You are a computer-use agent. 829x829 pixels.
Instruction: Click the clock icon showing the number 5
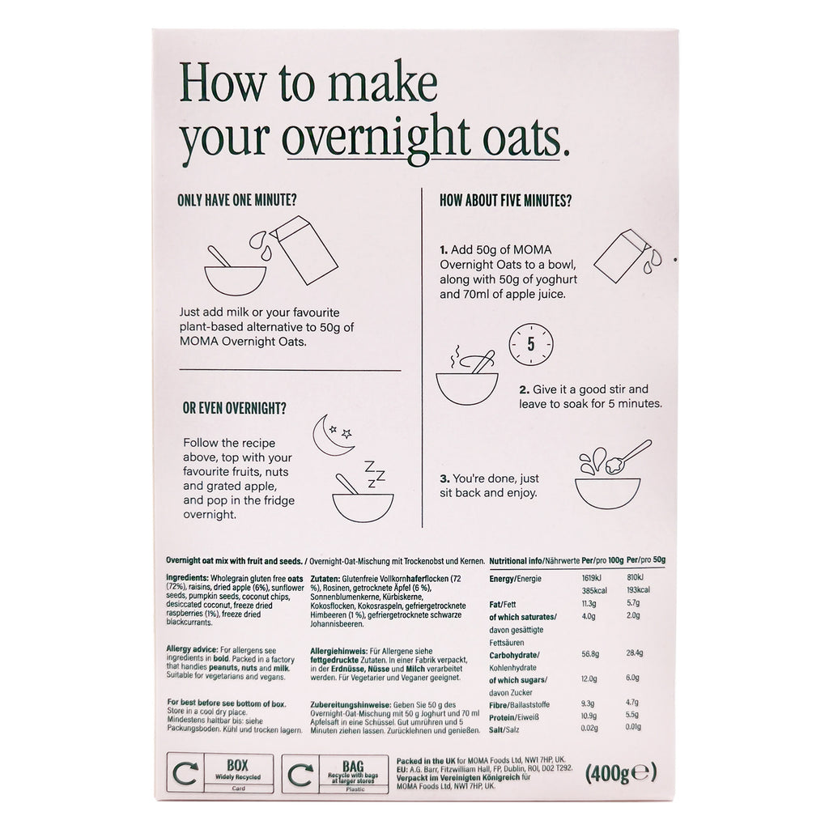coord(531,345)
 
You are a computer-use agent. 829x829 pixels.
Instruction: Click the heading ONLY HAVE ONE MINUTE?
coord(237,201)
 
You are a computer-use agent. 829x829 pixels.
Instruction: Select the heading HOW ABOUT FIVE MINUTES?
coord(505,201)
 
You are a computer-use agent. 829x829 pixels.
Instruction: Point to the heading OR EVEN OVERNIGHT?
coord(234,409)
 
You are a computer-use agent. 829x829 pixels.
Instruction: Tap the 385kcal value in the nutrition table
coord(594,590)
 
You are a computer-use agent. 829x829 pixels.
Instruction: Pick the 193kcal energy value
coord(638,590)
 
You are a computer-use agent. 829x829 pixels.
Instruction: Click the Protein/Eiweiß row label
coord(514,717)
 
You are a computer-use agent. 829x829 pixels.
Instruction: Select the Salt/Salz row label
coord(504,729)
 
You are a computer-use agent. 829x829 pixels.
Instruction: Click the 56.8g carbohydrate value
coord(590,654)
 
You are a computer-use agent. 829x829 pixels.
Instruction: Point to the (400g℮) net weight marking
coord(621,773)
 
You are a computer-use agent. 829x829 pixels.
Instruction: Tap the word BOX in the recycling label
coord(237,765)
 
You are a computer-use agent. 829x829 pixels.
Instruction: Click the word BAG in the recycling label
coord(353,766)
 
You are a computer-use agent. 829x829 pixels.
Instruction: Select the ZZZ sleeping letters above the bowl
coord(374,474)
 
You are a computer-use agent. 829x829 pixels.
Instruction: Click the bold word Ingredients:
coord(187,578)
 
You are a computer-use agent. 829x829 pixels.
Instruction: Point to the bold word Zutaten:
coord(325,579)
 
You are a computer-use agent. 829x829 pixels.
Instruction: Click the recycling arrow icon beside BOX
coord(185,774)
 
